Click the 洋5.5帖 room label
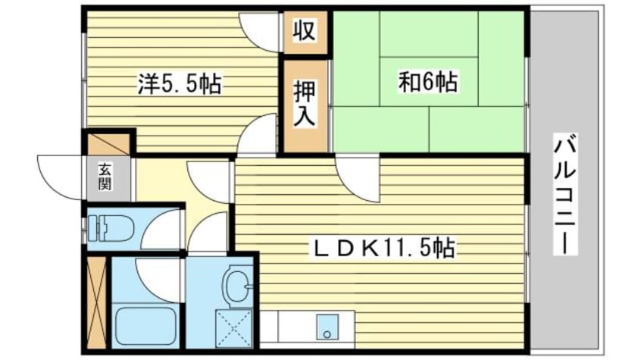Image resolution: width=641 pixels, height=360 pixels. (x=179, y=83)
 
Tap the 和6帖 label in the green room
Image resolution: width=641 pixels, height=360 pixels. (x=428, y=81)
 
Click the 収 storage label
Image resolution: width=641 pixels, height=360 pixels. (x=305, y=32)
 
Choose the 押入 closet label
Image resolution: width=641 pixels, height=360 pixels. (x=305, y=104)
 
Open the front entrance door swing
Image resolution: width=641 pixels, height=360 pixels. (x=59, y=176)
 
